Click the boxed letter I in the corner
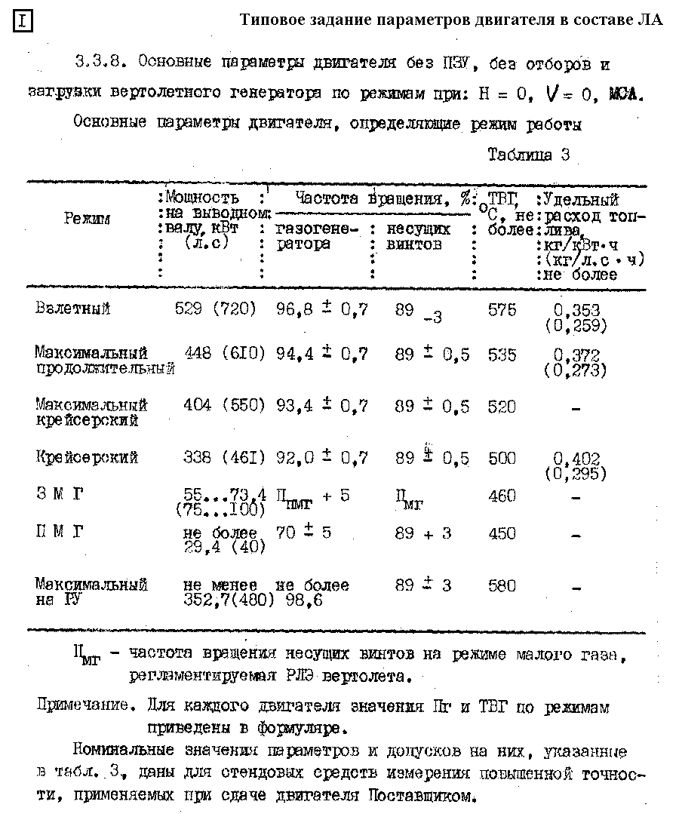23,21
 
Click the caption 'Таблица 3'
528,155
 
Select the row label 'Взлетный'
72,309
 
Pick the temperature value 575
502,309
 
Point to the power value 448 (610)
225,353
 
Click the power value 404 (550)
224,406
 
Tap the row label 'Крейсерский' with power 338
87,458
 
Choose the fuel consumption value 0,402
576,459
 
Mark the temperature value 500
502,458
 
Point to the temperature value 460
502,496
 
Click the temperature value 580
502,585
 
